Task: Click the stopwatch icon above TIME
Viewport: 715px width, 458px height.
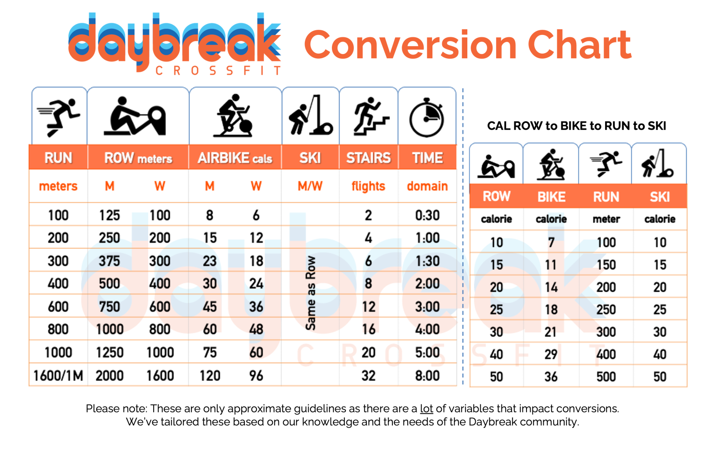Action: pos(426,118)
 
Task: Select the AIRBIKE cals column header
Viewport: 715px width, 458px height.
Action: pos(235,158)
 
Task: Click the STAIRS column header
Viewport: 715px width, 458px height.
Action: pos(369,158)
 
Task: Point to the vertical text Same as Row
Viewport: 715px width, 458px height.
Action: pos(310,293)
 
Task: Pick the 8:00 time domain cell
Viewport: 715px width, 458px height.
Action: pos(427,376)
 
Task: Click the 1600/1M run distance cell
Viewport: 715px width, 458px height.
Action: pos(58,376)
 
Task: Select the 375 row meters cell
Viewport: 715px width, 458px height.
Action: pos(109,261)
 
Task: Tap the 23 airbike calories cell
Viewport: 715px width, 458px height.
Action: pos(209,261)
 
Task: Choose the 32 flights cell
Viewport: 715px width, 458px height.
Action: pos(369,376)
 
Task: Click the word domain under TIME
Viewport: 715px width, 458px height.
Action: pos(427,186)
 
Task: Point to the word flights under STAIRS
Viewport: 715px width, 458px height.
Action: pos(368,186)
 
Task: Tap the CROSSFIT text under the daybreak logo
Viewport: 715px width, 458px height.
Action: pos(218,71)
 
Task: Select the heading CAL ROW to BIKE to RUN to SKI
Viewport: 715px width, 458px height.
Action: pos(576,126)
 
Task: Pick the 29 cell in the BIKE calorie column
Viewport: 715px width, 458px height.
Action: pos(551,355)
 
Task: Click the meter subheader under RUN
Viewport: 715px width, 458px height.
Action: pos(606,219)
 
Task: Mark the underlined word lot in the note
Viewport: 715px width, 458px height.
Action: pos(426,409)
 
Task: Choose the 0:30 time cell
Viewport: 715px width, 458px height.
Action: pos(427,215)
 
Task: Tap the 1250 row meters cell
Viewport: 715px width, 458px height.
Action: pos(110,352)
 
